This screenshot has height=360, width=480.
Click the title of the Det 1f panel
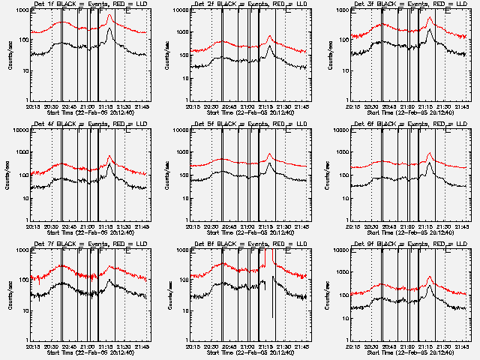[88, 4]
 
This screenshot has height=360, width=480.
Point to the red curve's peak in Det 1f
[110, 14]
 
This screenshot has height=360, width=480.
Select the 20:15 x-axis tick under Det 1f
[33, 107]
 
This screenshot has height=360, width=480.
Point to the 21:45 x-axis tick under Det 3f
[461, 107]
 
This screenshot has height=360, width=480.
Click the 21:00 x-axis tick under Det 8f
[248, 347]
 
